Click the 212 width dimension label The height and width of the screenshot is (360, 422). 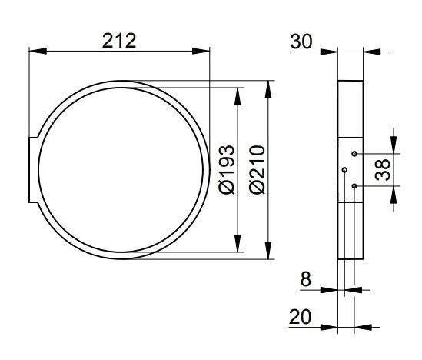click(x=119, y=41)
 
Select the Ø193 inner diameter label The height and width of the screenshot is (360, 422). click(x=227, y=169)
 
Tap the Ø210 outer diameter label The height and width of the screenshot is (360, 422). click(x=257, y=169)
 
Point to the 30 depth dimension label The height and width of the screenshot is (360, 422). click(x=301, y=42)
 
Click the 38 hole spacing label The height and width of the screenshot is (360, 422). click(x=383, y=169)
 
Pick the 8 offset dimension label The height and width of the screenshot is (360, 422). click(x=305, y=279)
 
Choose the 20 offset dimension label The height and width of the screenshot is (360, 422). click(x=300, y=317)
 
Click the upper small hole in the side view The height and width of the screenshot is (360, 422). click(x=354, y=154)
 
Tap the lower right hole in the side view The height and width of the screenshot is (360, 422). click(x=354, y=186)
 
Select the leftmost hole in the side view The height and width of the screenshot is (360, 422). click(x=344, y=170)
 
